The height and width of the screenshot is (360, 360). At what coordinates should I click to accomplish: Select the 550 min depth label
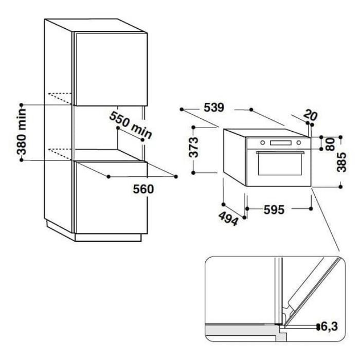pos(131,125)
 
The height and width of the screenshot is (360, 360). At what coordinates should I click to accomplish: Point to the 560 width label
pos(143,189)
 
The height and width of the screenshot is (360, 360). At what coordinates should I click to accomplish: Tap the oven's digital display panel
pos(280,142)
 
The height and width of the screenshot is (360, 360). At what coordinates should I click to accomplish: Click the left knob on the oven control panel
pos(261,142)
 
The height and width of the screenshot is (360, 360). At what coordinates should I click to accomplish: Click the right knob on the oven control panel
pos(300,142)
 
